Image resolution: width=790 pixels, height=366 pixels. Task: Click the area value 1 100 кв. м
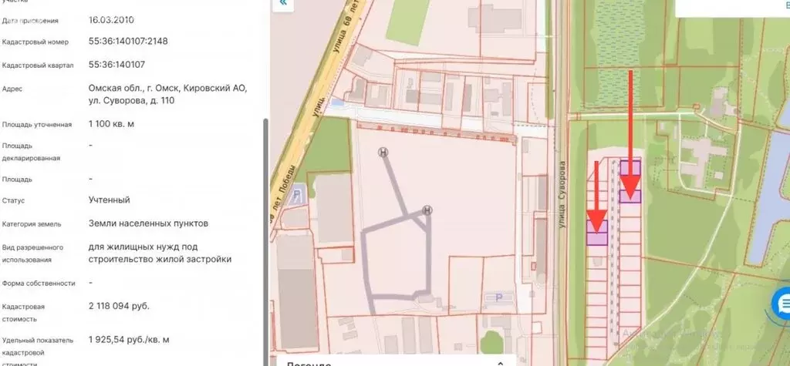point(116,123)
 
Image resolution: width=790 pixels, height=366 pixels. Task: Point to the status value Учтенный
point(110,200)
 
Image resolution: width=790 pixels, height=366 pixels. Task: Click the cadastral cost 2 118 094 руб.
point(120,306)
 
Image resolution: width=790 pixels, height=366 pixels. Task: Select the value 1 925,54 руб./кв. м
point(129,339)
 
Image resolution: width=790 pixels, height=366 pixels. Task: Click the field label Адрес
point(12,89)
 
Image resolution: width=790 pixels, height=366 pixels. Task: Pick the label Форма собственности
point(39,283)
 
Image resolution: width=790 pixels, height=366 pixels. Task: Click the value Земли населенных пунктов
point(148,223)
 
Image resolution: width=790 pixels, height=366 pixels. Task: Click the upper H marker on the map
point(383,153)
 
